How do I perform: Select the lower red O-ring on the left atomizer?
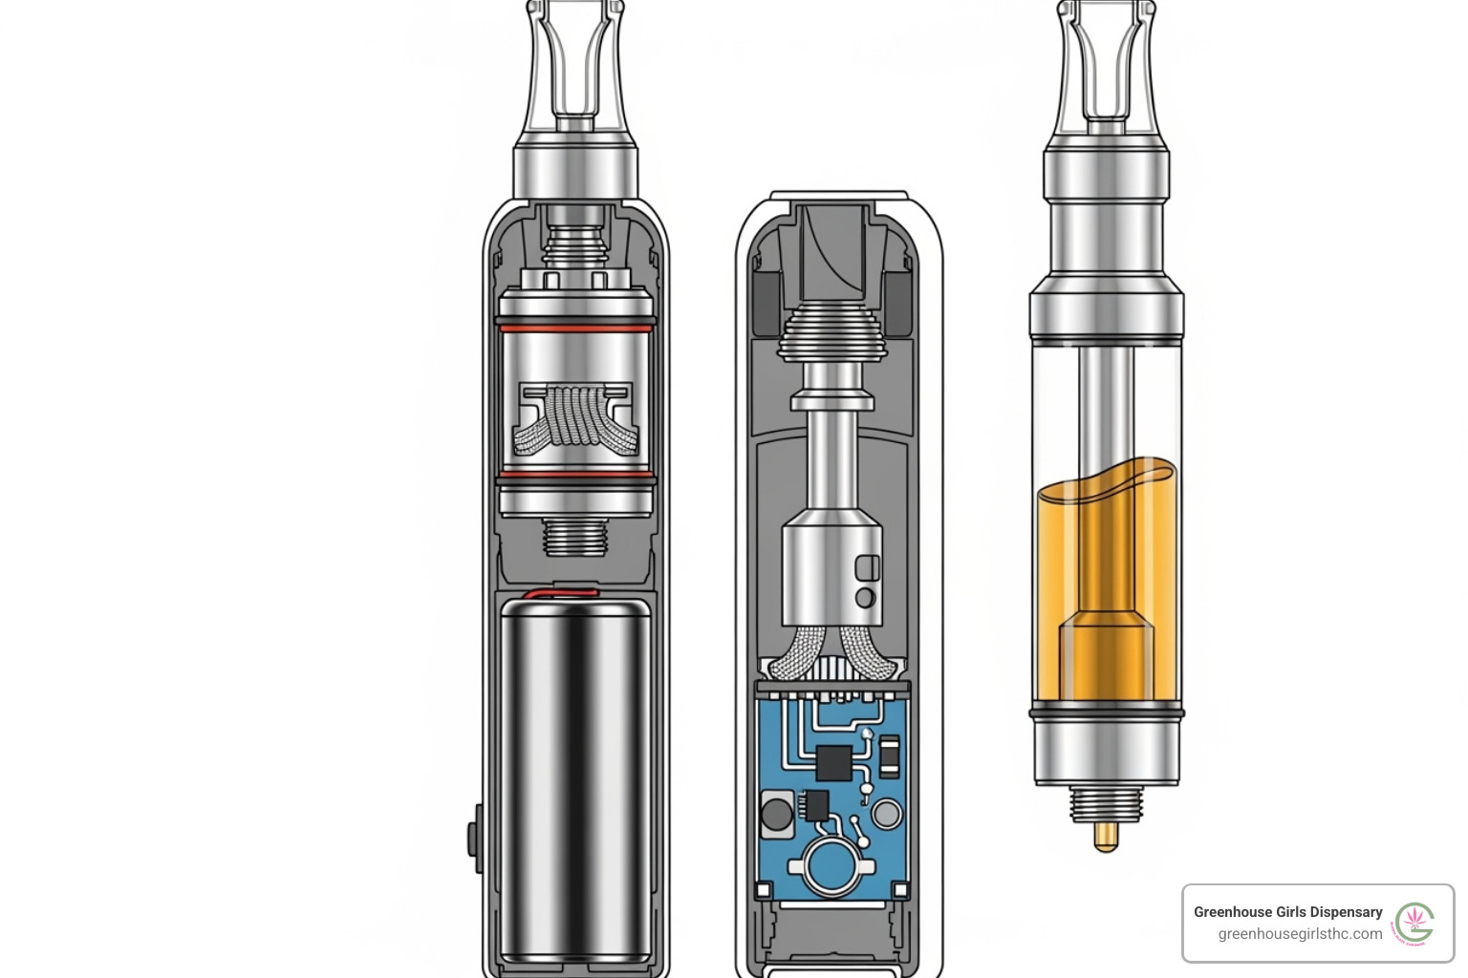click(576, 475)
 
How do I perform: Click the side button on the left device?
click(474, 839)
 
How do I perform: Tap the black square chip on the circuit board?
click(833, 762)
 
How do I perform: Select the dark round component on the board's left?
click(776, 815)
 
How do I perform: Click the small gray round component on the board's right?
click(887, 814)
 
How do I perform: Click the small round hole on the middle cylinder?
click(866, 598)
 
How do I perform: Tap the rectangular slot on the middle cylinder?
click(867, 567)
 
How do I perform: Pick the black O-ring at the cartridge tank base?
click(1107, 712)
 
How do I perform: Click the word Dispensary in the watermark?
click(1341, 912)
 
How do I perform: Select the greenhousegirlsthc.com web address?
click(1300, 934)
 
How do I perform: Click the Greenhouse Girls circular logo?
click(1414, 924)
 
